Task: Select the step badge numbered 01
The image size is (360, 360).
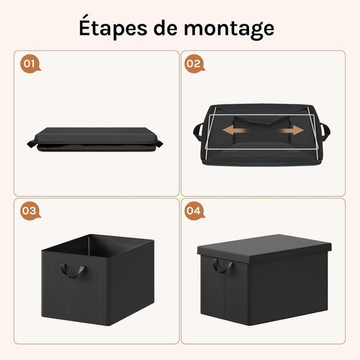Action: pyautogui.click(x=30, y=63)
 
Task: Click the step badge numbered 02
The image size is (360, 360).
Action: pyautogui.click(x=193, y=63)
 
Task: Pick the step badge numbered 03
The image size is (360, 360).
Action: pyautogui.click(x=30, y=211)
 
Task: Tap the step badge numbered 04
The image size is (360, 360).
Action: pyautogui.click(x=193, y=211)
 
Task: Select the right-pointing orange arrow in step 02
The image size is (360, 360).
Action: pyautogui.click(x=290, y=131)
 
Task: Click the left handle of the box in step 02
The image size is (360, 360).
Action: pyautogui.click(x=199, y=132)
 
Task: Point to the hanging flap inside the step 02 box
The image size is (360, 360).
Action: pyautogui.click(x=261, y=119)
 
